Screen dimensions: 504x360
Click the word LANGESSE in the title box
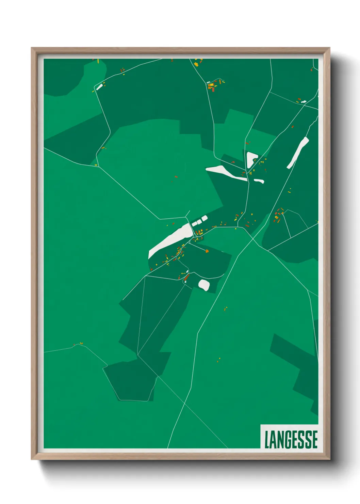(291, 439)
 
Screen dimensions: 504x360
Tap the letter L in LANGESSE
(267, 439)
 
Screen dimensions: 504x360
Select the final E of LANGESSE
(314, 439)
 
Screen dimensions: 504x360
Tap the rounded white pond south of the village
(204, 285)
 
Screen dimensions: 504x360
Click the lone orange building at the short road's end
(207, 251)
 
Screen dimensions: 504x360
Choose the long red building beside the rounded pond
(186, 278)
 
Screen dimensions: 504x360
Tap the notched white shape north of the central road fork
(251, 159)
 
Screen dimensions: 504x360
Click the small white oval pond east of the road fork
(259, 181)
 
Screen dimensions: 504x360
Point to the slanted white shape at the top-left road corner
(99, 87)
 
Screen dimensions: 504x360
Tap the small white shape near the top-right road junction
(303, 101)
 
